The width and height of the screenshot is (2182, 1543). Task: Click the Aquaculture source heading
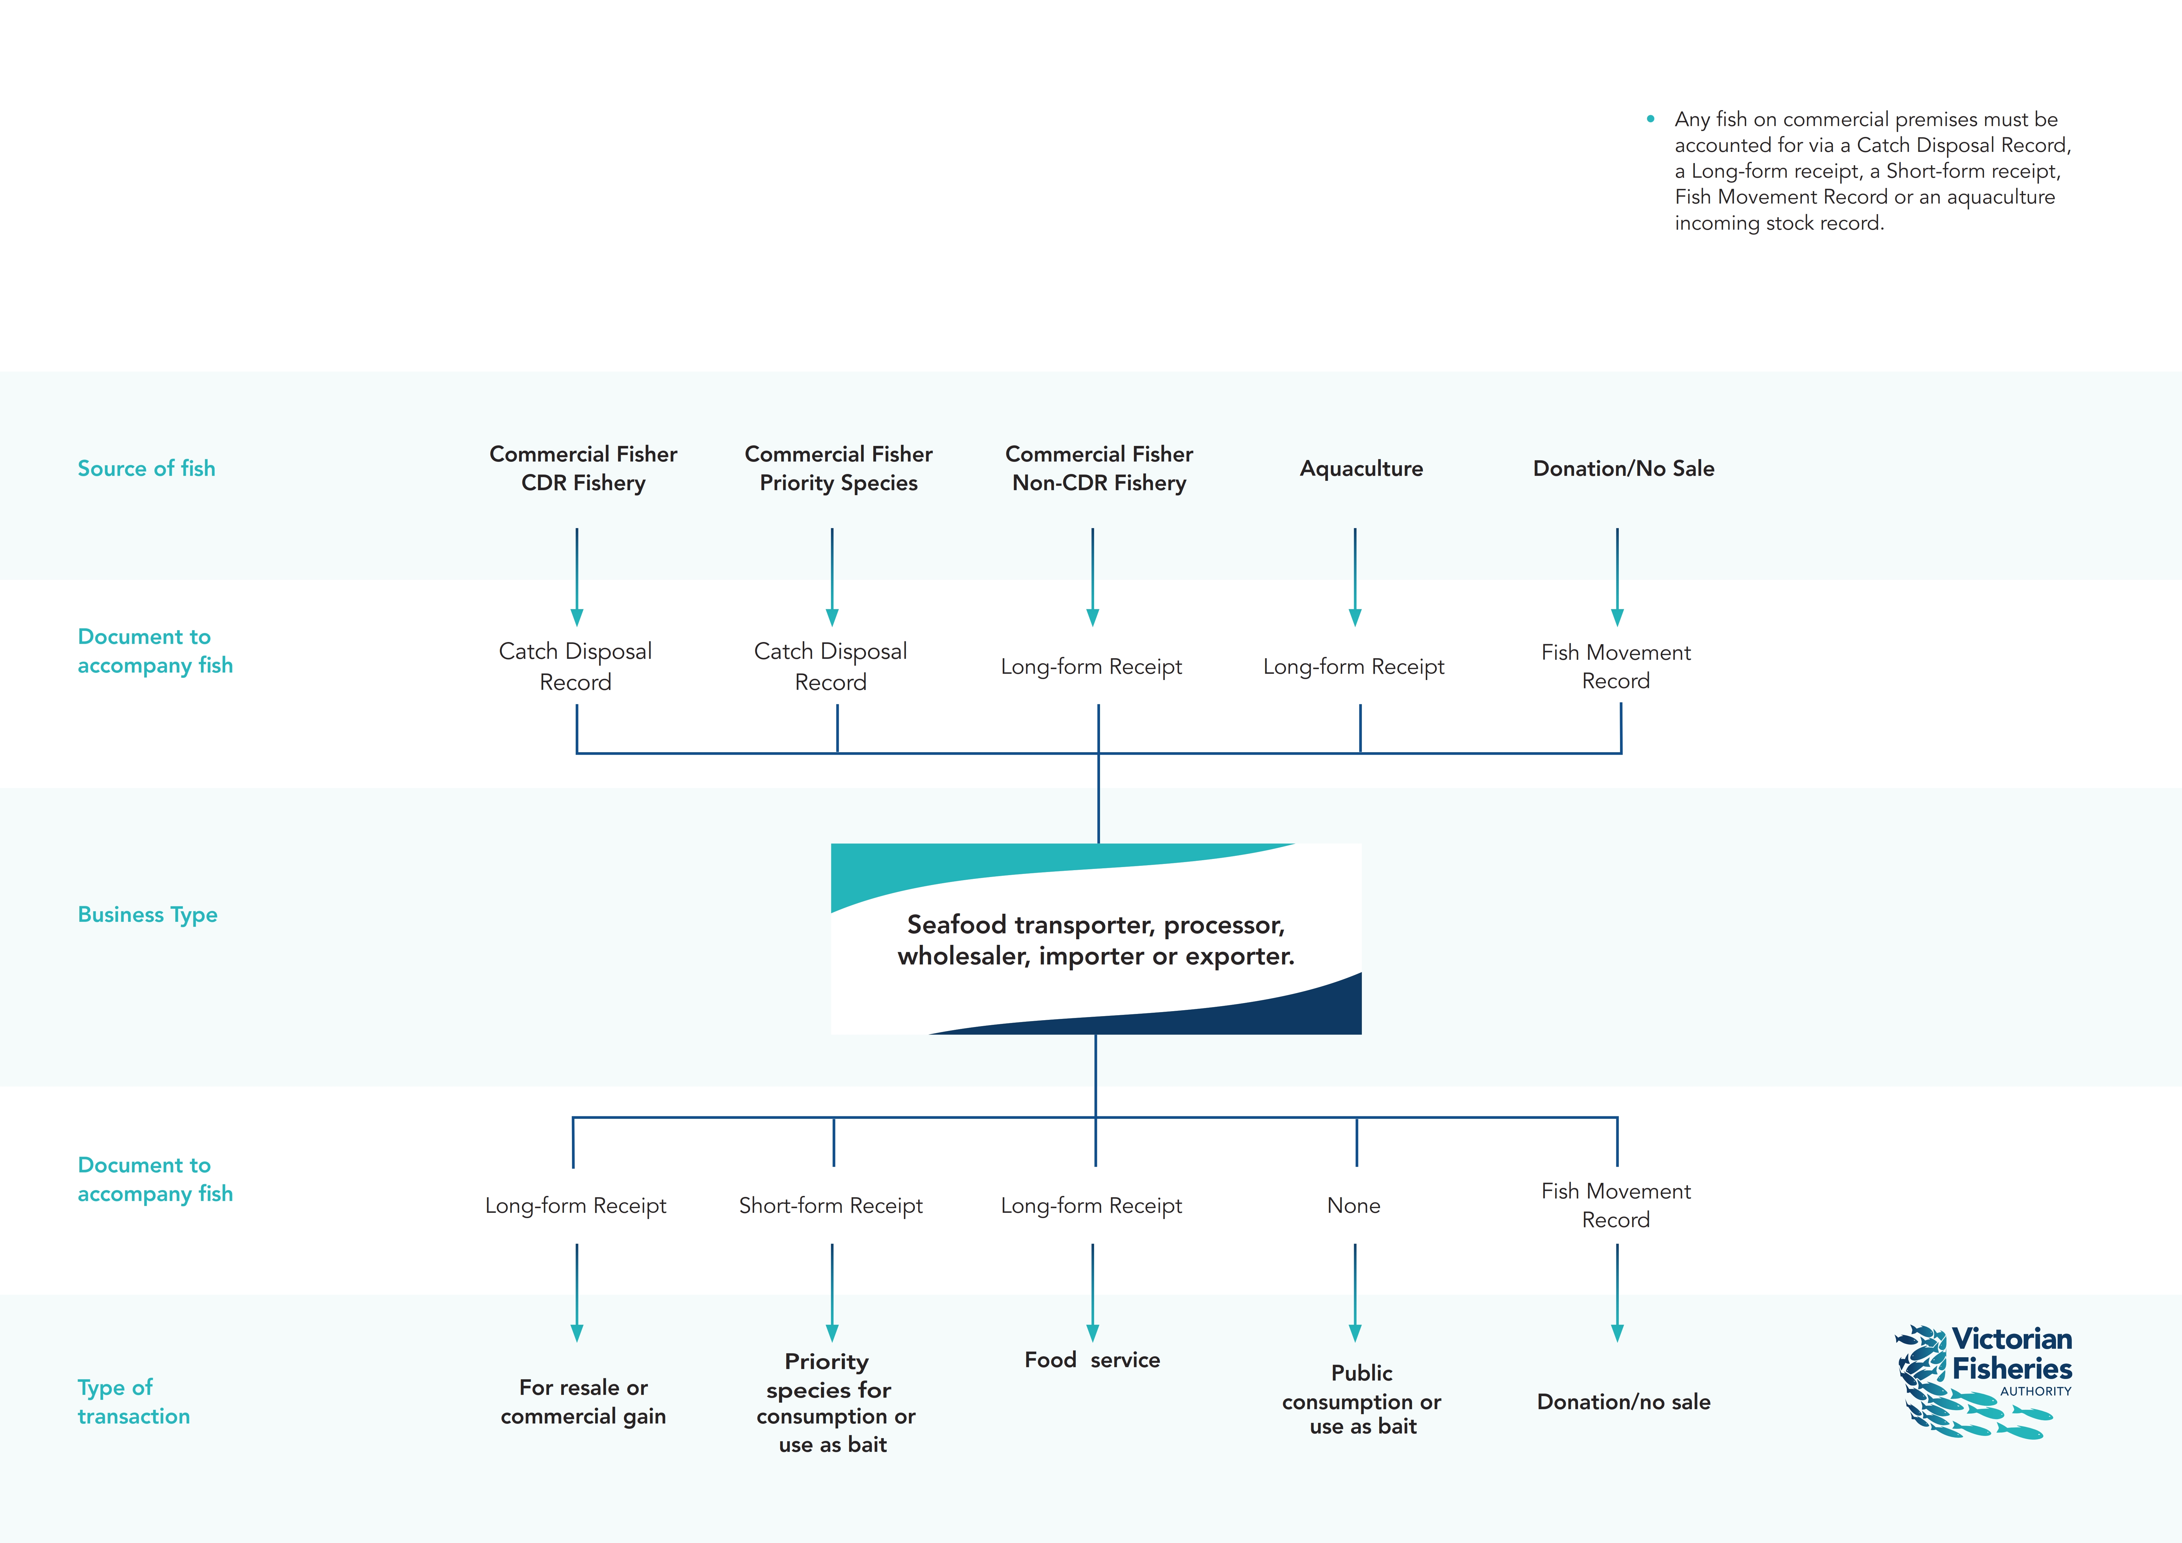(x=1361, y=469)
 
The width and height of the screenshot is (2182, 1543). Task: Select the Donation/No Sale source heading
(x=1623, y=469)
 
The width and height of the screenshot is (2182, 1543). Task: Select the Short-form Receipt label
(x=831, y=1206)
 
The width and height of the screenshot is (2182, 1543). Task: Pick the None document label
(x=1353, y=1206)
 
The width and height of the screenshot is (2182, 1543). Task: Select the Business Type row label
(x=147, y=915)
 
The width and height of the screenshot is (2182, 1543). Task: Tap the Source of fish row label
(x=146, y=469)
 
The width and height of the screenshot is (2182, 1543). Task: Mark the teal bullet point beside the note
(x=1651, y=119)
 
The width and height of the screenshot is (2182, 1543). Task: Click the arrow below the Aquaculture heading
(x=1355, y=577)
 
